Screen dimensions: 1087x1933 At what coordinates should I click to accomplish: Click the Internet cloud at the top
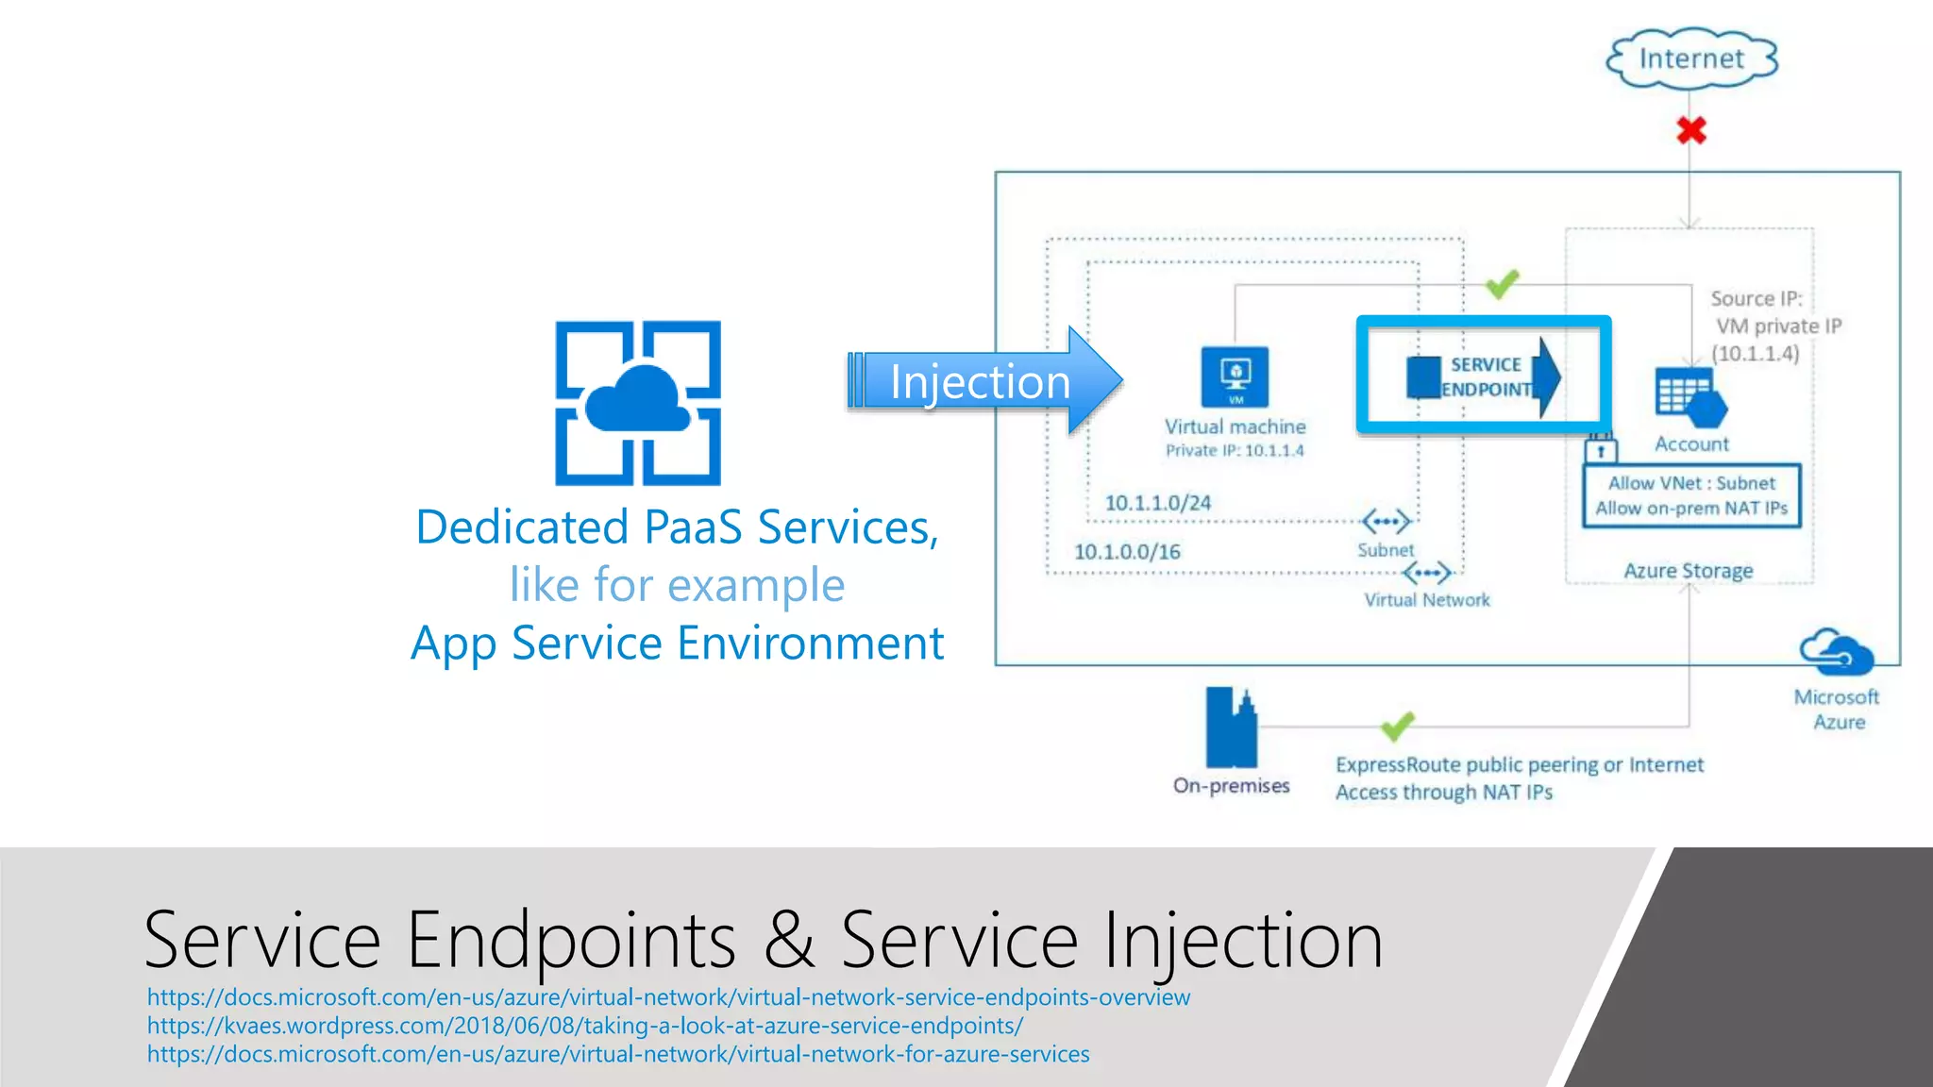coord(1691,59)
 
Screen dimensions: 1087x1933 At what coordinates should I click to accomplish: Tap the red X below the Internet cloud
coord(1690,130)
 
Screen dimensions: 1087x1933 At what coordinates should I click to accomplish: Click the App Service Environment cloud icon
coord(638,403)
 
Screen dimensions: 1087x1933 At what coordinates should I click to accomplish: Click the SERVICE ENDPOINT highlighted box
coord(1483,376)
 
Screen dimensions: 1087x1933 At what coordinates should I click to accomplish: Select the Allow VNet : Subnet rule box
coord(1691,495)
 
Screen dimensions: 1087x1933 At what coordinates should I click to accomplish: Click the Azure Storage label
coord(1688,571)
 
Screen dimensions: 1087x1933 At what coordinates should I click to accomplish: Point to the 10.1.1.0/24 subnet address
coord(1157,503)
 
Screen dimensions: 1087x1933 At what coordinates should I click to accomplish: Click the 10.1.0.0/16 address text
coord(1127,552)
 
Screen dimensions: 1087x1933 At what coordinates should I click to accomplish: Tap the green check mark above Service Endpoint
coord(1501,283)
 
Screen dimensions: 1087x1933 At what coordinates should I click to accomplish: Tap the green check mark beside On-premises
coord(1397,726)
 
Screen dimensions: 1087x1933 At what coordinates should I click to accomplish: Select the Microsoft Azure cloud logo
coord(1836,653)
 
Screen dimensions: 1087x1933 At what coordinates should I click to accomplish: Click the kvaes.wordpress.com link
coord(584,1026)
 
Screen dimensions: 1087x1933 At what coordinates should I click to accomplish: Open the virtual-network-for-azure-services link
coord(617,1054)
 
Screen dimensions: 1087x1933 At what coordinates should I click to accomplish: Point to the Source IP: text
coord(1756,299)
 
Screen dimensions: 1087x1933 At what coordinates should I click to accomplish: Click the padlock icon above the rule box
coord(1600,448)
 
